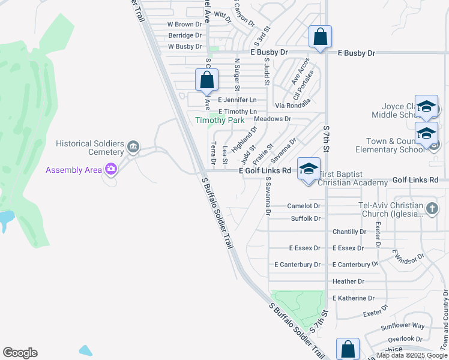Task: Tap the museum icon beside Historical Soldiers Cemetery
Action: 133,146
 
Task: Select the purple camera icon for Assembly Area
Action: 110,169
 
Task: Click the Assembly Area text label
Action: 73,170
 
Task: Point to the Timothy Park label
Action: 220,120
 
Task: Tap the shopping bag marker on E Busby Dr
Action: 321,37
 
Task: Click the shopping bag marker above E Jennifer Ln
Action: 206,80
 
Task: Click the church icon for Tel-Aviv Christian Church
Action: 432,209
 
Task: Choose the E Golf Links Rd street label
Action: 265,171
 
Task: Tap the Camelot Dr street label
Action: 304,206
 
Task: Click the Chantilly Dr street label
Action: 349,232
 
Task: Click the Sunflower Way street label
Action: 403,326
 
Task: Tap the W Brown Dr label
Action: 184,25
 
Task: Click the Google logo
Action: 20,352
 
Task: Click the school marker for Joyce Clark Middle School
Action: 426,107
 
